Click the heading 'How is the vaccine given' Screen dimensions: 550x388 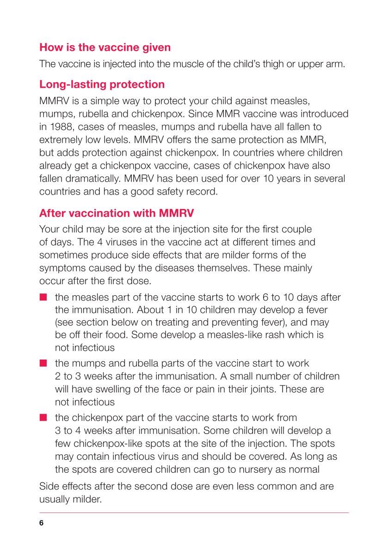click(x=105, y=47)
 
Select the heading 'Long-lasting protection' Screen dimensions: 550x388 click(x=102, y=85)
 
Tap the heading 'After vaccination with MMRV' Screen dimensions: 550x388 click(x=117, y=213)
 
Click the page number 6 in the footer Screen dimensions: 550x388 click(x=42, y=523)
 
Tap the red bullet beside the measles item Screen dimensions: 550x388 click(x=43, y=298)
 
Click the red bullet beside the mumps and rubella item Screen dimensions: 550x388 click(x=43, y=363)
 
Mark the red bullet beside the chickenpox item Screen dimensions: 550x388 click(x=43, y=418)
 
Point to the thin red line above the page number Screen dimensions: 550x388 click(x=194, y=513)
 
